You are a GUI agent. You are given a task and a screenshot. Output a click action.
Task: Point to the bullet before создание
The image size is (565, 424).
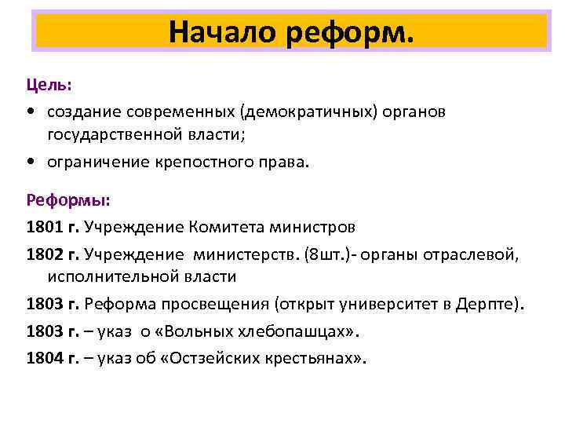(31, 112)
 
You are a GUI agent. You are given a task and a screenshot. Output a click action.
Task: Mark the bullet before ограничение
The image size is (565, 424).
(31, 163)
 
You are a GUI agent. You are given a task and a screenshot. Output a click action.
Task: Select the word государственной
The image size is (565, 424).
(114, 136)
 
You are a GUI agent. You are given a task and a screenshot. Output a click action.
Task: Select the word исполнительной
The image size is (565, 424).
(108, 277)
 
